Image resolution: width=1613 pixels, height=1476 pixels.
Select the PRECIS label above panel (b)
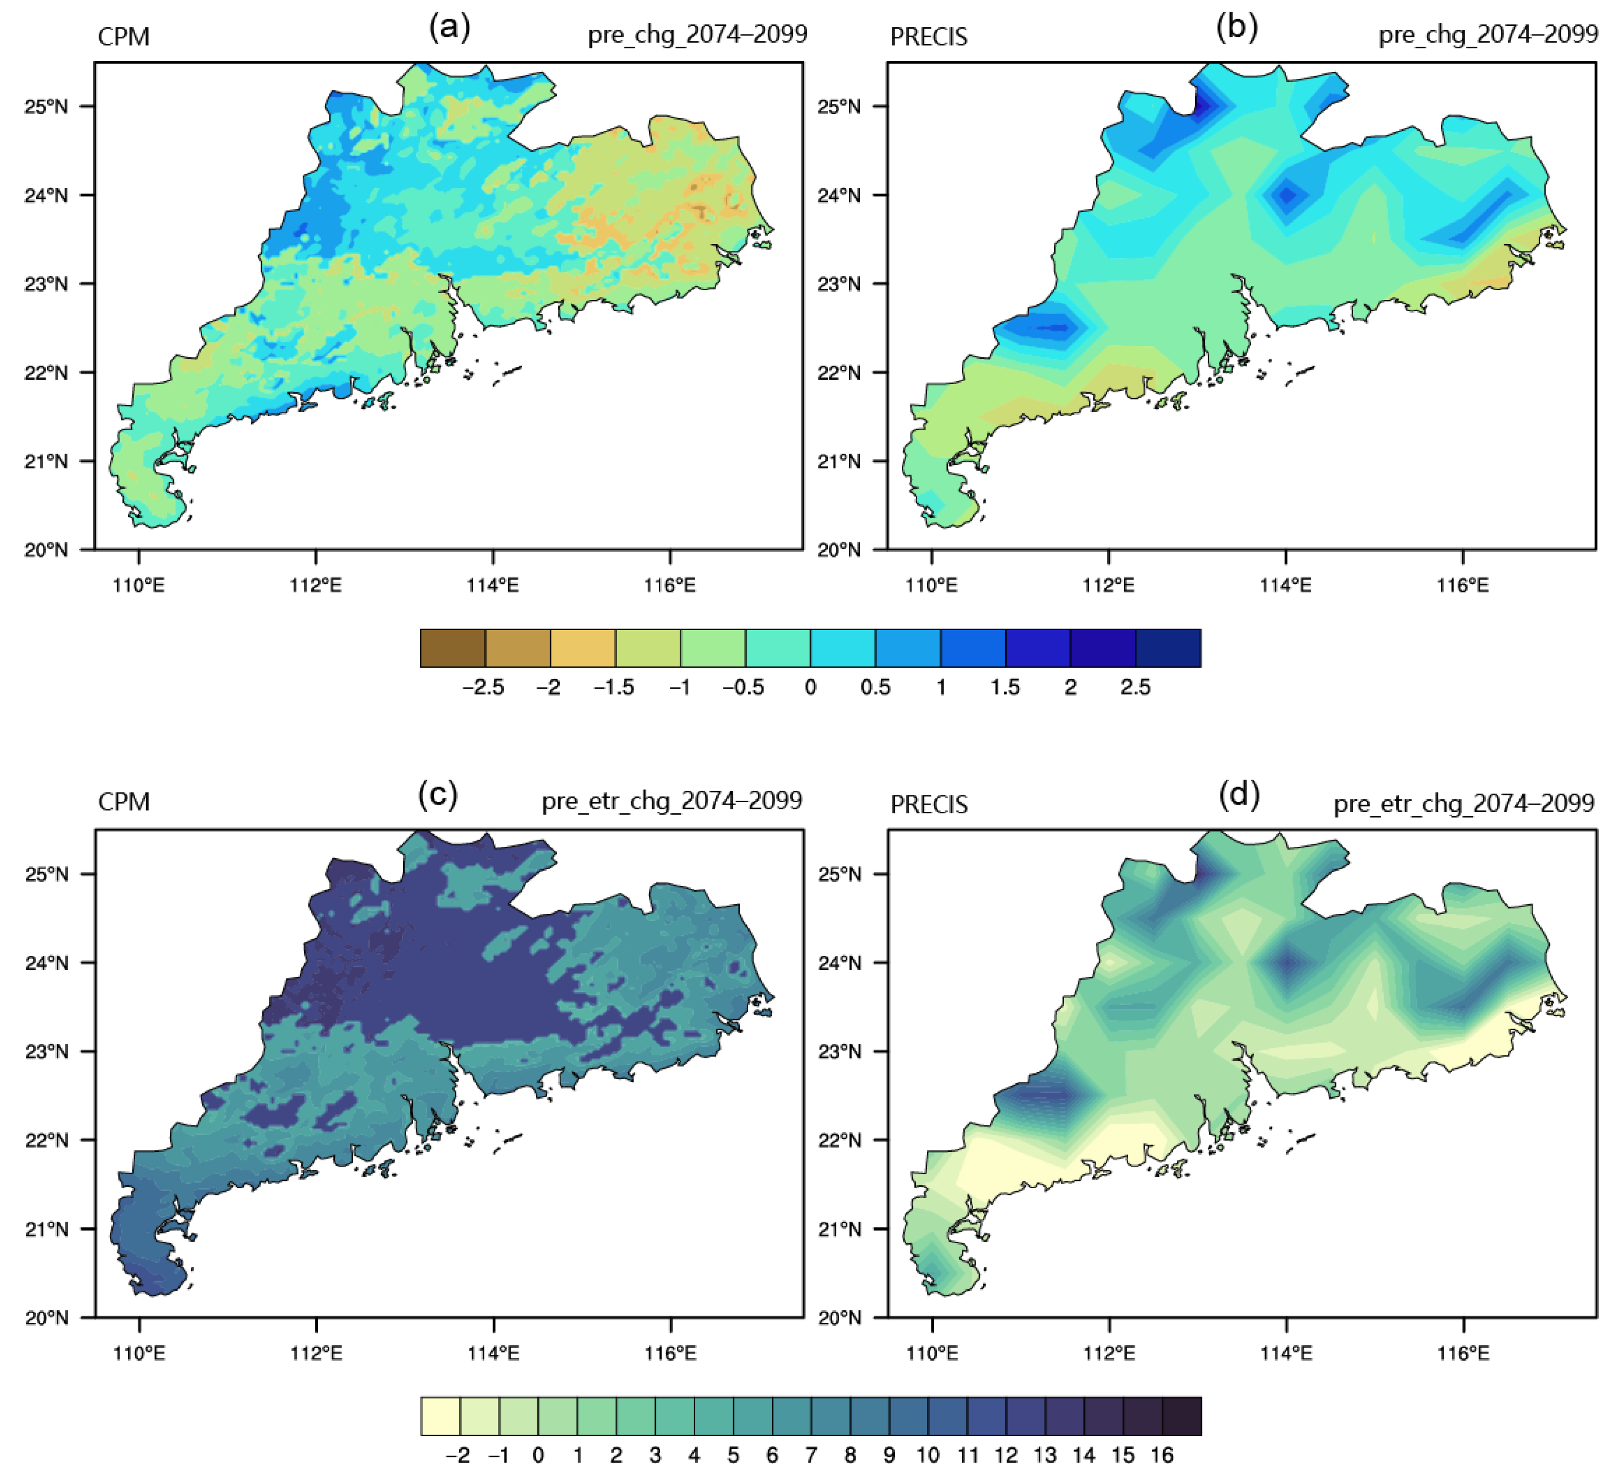[x=929, y=37]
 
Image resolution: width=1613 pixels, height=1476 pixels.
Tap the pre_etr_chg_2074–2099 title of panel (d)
[x=1463, y=803]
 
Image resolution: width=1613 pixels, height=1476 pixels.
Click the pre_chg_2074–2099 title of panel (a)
[x=697, y=35]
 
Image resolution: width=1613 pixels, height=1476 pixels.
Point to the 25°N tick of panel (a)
[x=47, y=106]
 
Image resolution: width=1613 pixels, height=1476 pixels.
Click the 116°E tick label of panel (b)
[x=1462, y=585]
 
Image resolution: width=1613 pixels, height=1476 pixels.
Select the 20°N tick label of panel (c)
[x=47, y=1318]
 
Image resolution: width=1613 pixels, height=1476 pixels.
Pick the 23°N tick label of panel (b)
[x=839, y=284]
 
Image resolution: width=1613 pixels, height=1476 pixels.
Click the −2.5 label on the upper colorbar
[x=483, y=687]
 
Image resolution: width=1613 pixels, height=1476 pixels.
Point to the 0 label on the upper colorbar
[x=810, y=687]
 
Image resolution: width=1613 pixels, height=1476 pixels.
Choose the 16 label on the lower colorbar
[x=1162, y=1455]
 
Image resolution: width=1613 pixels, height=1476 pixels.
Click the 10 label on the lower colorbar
[x=928, y=1455]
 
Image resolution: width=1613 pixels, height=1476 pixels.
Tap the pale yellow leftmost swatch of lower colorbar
[x=440, y=1417]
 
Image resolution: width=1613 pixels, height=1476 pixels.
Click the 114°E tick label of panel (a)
[x=493, y=585]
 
